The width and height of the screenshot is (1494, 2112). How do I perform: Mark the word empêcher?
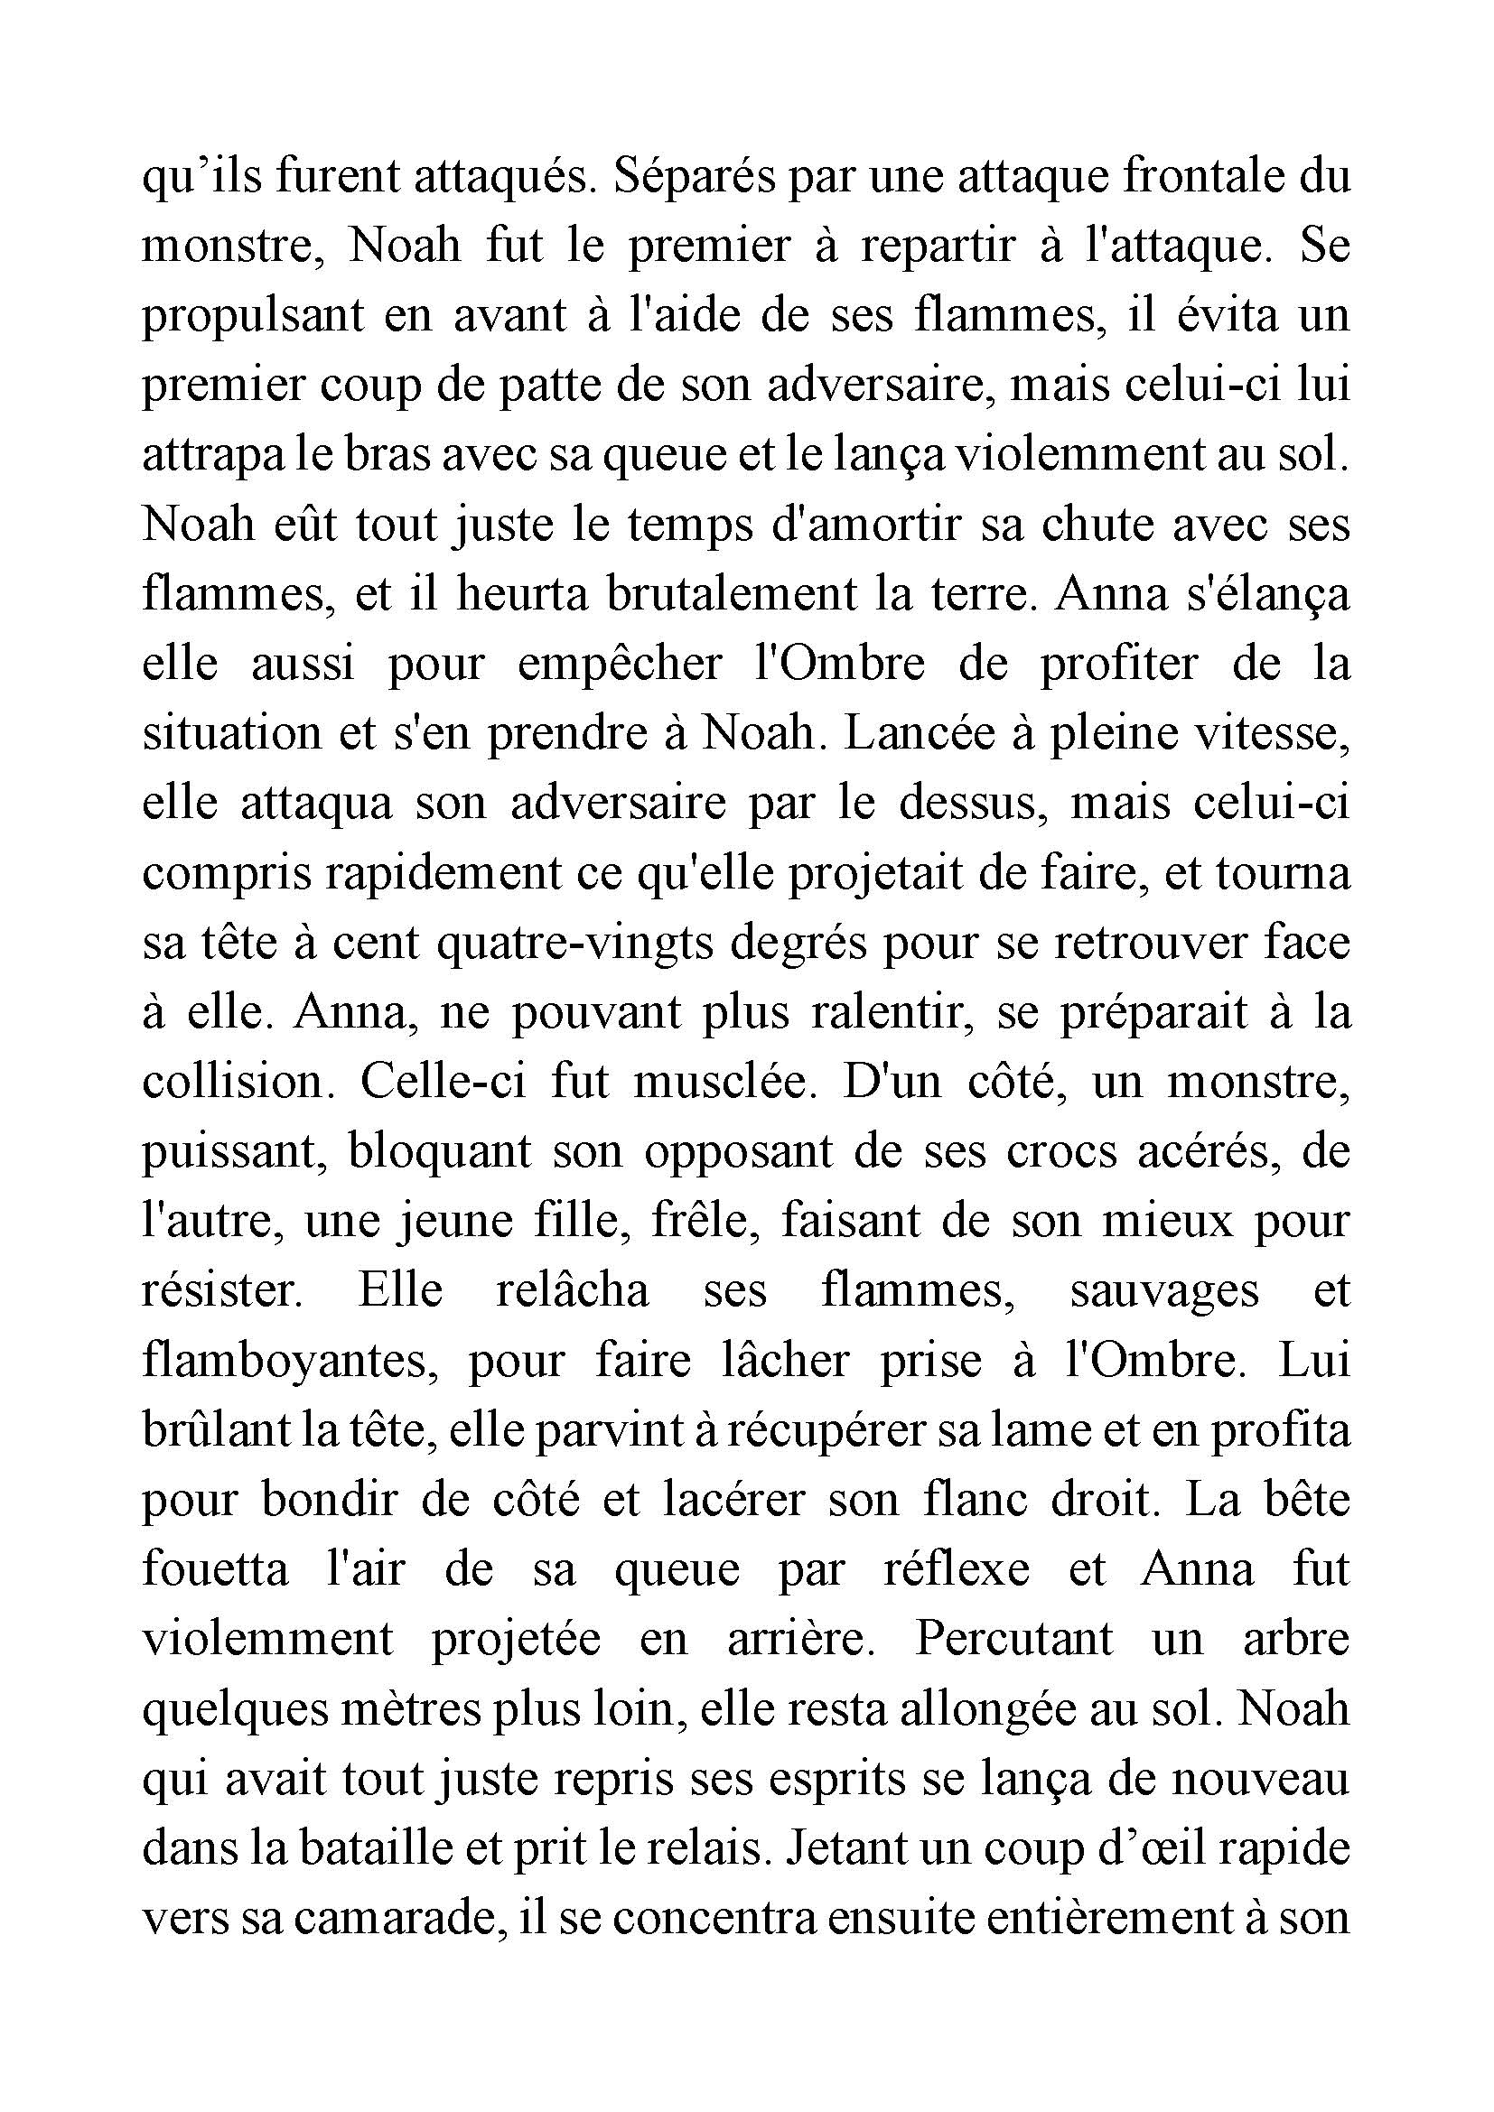tap(620, 665)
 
